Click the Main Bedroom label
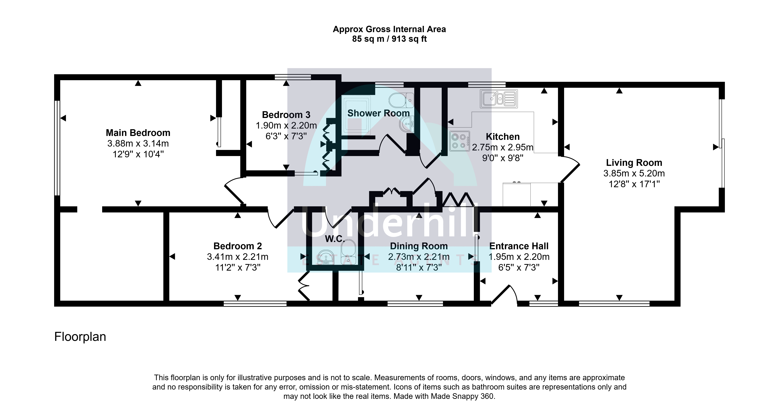(x=138, y=133)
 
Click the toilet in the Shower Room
(x=401, y=100)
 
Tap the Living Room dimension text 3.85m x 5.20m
(x=634, y=173)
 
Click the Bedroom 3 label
(x=286, y=115)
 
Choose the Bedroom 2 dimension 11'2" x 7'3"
(x=238, y=267)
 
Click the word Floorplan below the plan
(x=80, y=337)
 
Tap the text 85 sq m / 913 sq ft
(x=389, y=39)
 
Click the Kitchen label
(x=503, y=137)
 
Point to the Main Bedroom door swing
(x=234, y=191)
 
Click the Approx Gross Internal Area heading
(x=389, y=29)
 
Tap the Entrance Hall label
(x=519, y=246)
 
